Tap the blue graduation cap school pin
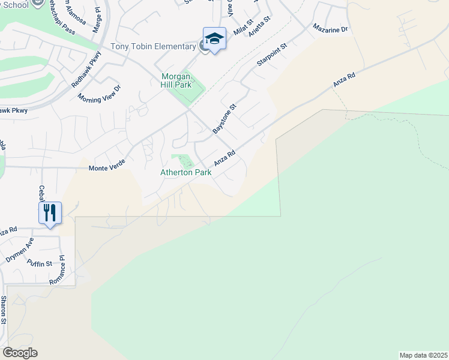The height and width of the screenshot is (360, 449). [214, 40]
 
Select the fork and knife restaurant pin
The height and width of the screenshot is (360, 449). [50, 213]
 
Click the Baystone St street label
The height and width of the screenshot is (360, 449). [225, 118]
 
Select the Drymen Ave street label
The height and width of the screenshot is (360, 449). [20, 250]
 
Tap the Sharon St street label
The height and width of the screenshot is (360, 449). [4, 310]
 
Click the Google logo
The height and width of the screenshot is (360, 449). [20, 353]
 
